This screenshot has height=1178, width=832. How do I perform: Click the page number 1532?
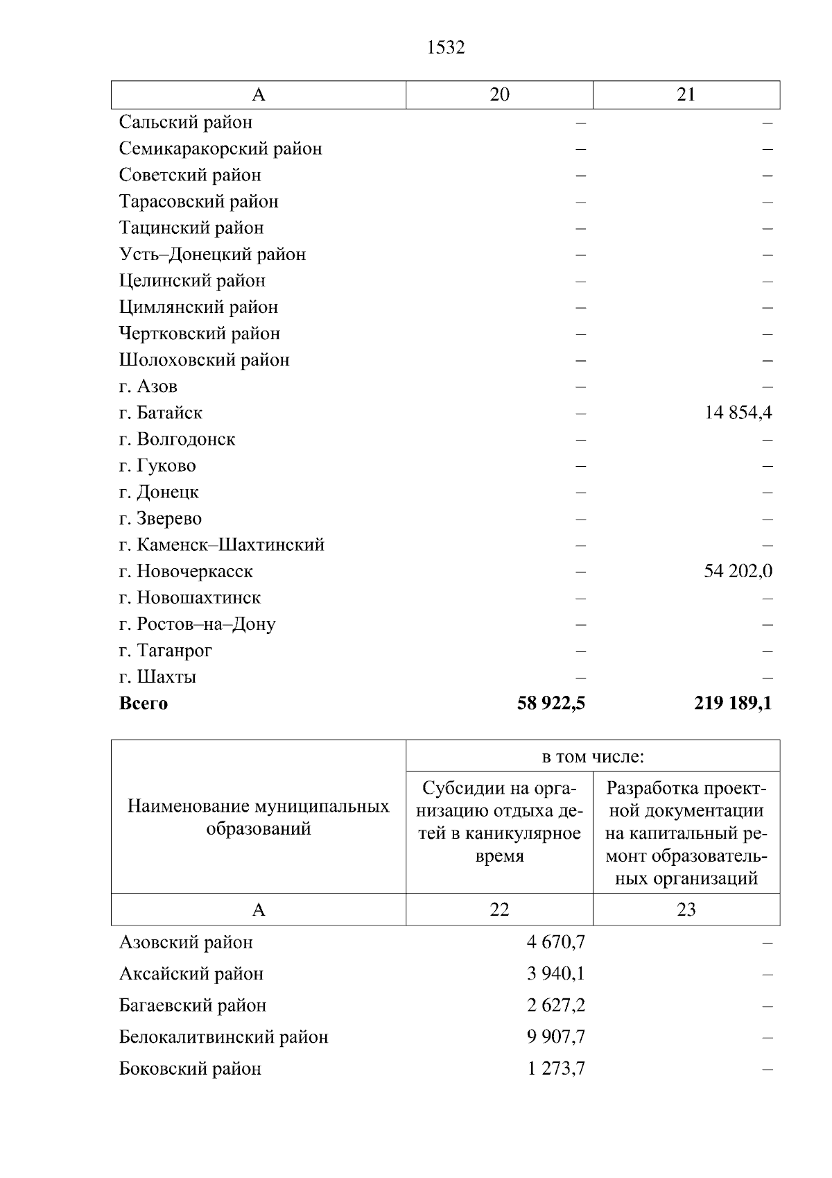point(446,47)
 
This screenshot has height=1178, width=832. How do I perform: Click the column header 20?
point(499,95)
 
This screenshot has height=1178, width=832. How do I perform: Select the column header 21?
point(686,95)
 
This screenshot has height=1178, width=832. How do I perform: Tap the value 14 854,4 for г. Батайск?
point(738,413)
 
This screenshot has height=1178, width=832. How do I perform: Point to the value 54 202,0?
point(738,572)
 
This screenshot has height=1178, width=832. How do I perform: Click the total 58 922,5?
point(551,703)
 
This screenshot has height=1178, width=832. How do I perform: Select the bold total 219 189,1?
point(733,703)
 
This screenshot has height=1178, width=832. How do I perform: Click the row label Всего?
point(144,703)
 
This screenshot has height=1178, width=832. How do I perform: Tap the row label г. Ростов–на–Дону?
point(198,624)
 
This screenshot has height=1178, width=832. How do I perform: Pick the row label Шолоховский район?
point(205,360)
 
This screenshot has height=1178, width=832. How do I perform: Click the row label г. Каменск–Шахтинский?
point(222,545)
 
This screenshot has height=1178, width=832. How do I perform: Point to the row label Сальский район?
point(186,122)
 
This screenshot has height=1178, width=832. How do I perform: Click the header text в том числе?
point(593,757)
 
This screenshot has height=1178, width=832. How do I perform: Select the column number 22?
point(499,910)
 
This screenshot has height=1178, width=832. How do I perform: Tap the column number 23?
point(686,910)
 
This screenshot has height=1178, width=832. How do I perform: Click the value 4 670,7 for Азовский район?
point(556,942)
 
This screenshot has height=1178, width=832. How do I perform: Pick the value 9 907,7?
point(556,1037)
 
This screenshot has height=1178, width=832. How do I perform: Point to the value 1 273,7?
point(556,1068)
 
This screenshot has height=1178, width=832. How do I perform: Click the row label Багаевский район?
point(193,1005)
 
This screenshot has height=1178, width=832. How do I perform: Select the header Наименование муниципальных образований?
point(259,817)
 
